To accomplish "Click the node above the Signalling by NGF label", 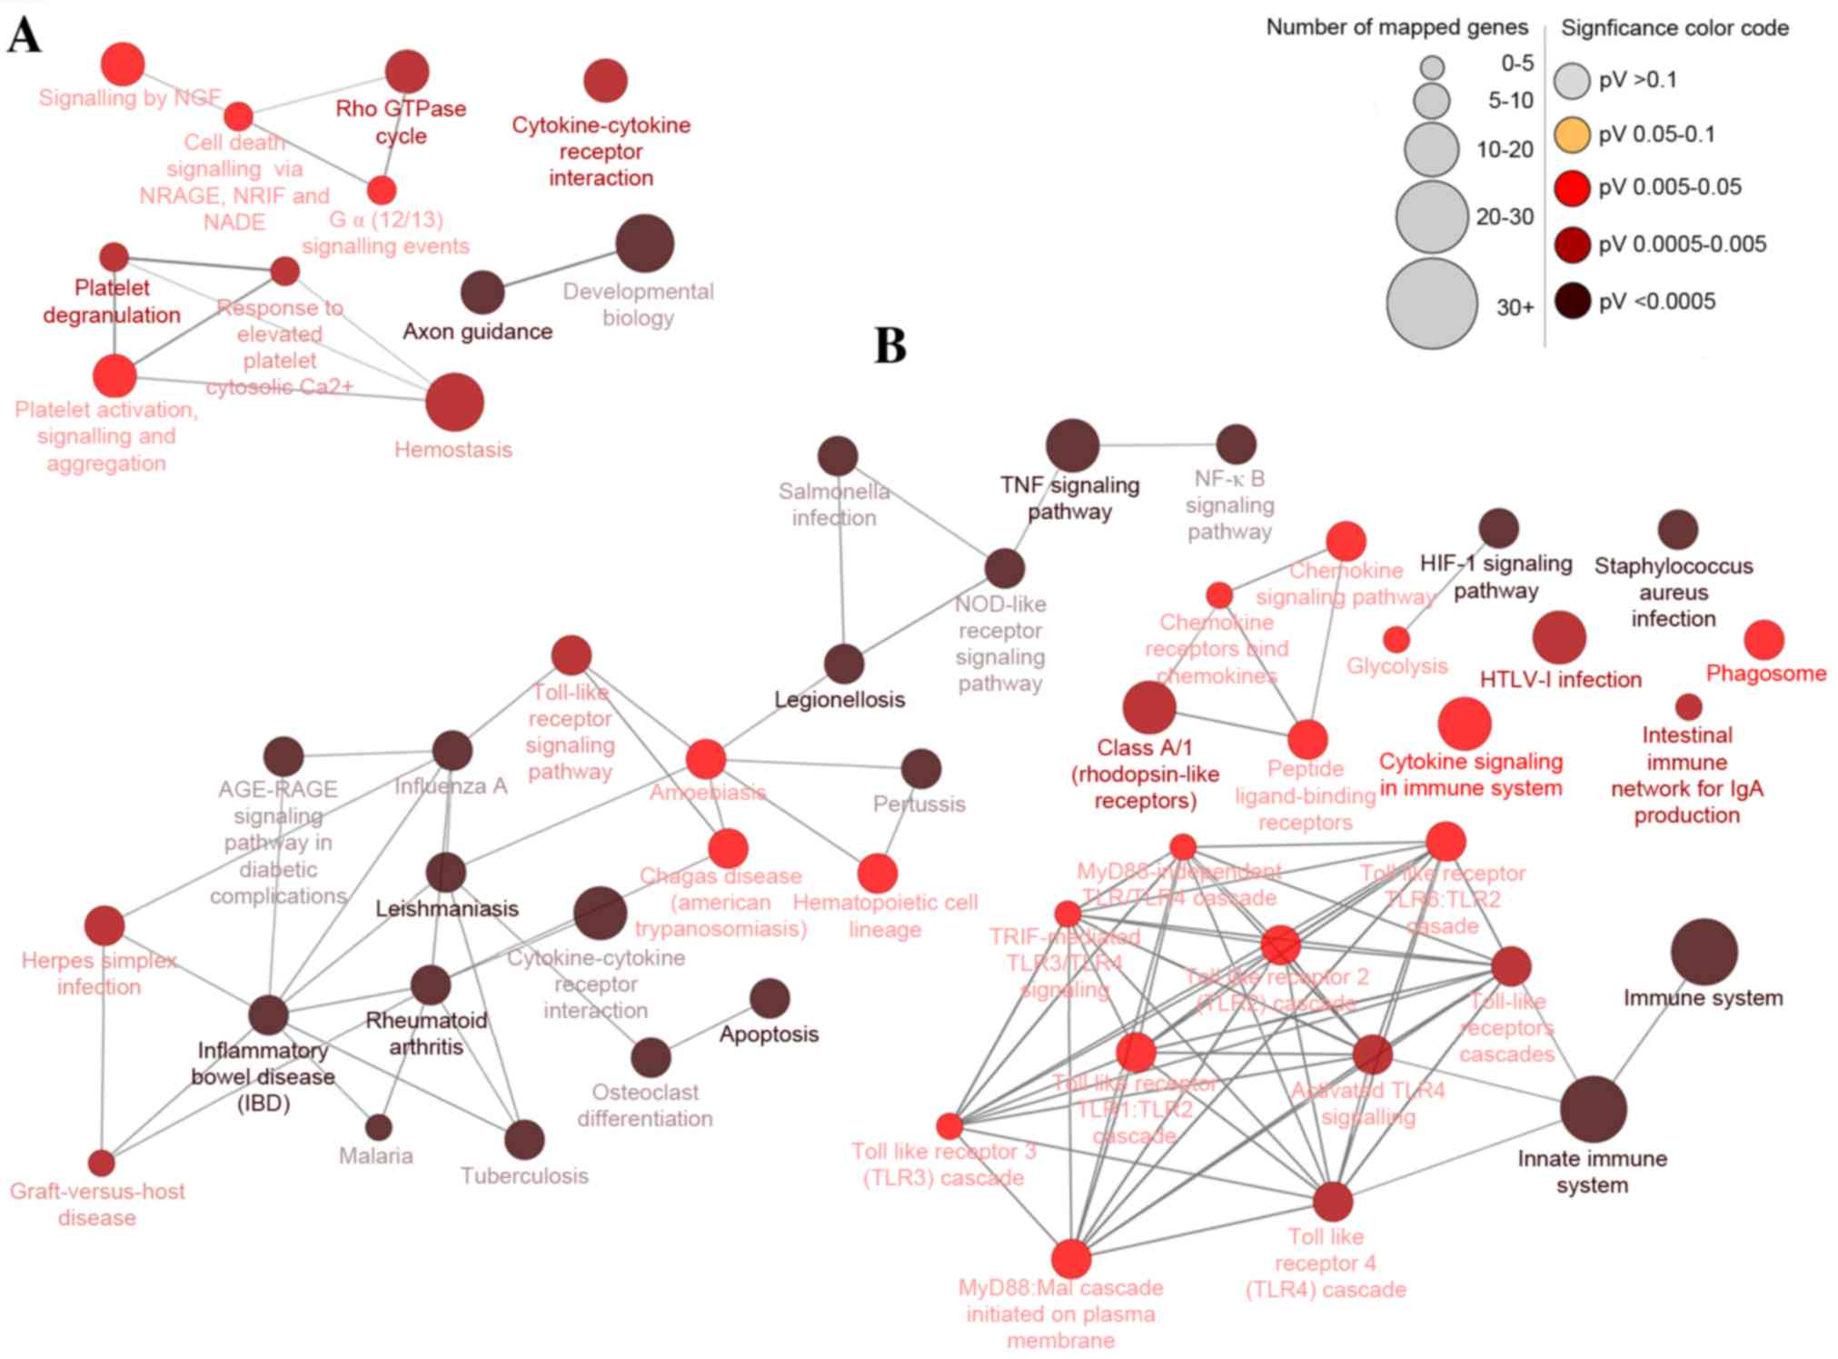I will point(123,64).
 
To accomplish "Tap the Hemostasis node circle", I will point(454,402).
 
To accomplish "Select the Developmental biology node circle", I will point(644,244).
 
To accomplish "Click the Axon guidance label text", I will point(477,332).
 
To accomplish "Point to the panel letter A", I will point(25,36).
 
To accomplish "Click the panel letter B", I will point(890,346).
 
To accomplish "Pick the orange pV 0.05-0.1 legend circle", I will point(1572,135).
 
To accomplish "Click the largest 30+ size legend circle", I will point(1432,304).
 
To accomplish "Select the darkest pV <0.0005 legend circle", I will point(1572,301).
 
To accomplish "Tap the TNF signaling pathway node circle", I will point(1072,445).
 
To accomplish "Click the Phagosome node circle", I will point(1763,640).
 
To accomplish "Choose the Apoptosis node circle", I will point(770,998).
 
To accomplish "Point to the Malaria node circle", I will point(378,1127).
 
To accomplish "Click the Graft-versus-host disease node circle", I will point(102,1163).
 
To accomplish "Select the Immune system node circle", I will point(1704,952).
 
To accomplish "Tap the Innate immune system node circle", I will point(1593,1109).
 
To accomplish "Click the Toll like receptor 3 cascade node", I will point(949,1126).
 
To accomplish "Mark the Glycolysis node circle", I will point(1396,639).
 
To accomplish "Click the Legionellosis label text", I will point(840,700).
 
